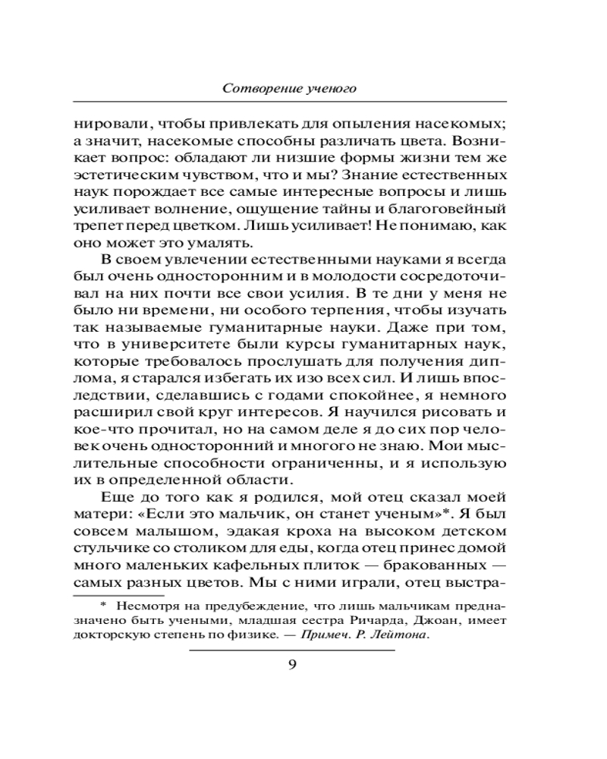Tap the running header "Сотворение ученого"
(290, 88)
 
